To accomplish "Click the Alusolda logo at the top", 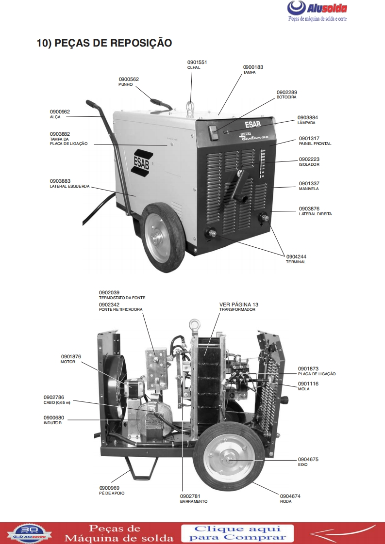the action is [x=317, y=11].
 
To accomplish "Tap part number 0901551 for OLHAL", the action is [x=197, y=63].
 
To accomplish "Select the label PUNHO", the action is [x=125, y=84].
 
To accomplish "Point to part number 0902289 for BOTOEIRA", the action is [x=286, y=92].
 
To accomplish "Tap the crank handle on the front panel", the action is [x=240, y=186].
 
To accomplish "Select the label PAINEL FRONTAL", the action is [x=315, y=144].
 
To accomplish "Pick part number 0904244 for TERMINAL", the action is [x=296, y=257].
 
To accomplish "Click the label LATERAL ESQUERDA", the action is [x=69, y=186].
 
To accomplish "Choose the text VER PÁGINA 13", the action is [x=239, y=304].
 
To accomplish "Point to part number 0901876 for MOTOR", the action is [x=71, y=357].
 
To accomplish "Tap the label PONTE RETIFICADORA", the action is [x=120, y=309].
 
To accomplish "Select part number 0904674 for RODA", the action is [x=290, y=496].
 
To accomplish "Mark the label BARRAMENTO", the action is [x=194, y=501].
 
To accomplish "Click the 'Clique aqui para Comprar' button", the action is [x=238, y=533].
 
